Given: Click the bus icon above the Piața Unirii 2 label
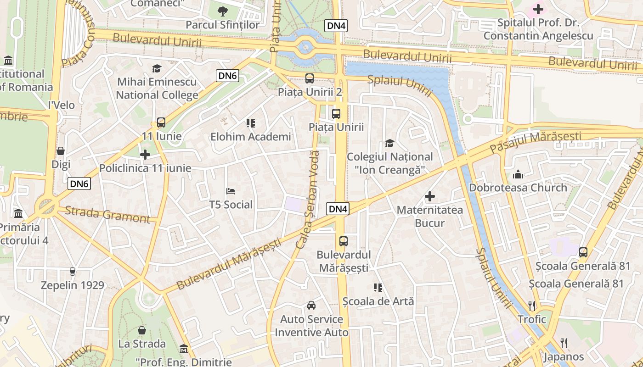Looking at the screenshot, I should tap(310, 78).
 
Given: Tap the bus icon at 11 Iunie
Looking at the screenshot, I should tap(161, 122).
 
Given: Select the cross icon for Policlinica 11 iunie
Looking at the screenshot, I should tap(145, 155).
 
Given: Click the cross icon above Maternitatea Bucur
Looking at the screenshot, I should tap(430, 197).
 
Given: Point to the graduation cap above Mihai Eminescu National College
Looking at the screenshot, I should tap(157, 69).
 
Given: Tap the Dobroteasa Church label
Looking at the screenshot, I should tap(518, 188).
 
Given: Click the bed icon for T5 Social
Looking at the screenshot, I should tap(231, 191).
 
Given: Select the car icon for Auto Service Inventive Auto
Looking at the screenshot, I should tap(311, 306).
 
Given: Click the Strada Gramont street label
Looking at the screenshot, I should tap(107, 215).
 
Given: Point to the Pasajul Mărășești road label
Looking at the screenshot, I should tap(536, 143).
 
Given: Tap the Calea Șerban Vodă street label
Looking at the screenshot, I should tap(308, 200).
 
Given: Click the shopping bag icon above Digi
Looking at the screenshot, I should tap(61, 151).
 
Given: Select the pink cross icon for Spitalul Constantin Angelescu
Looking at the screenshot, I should tap(538, 9).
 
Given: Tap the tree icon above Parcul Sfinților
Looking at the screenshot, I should tap(223, 11).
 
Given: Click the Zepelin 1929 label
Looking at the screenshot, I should tap(73, 285).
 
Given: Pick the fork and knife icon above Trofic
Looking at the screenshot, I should tap(532, 306).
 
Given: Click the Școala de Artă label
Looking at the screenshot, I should tap(378, 301).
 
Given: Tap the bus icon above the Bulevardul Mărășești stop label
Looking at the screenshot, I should tap(344, 241).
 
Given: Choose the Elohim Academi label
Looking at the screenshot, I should tap(251, 137).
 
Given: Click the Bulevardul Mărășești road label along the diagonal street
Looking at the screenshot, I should tap(228, 264).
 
